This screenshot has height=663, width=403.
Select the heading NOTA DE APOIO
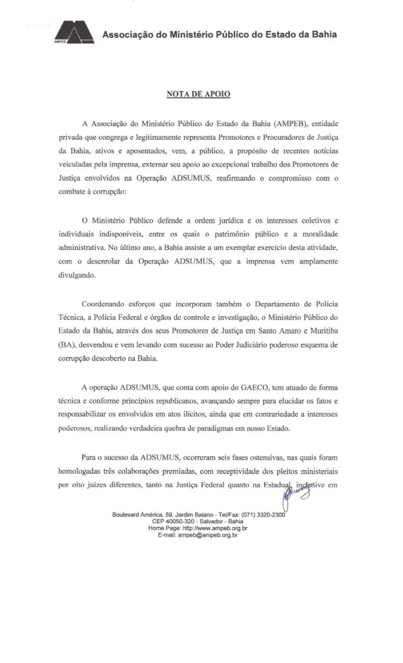pyautogui.click(x=199, y=95)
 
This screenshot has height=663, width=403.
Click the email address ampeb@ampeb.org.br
pyautogui.click(x=213, y=535)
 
